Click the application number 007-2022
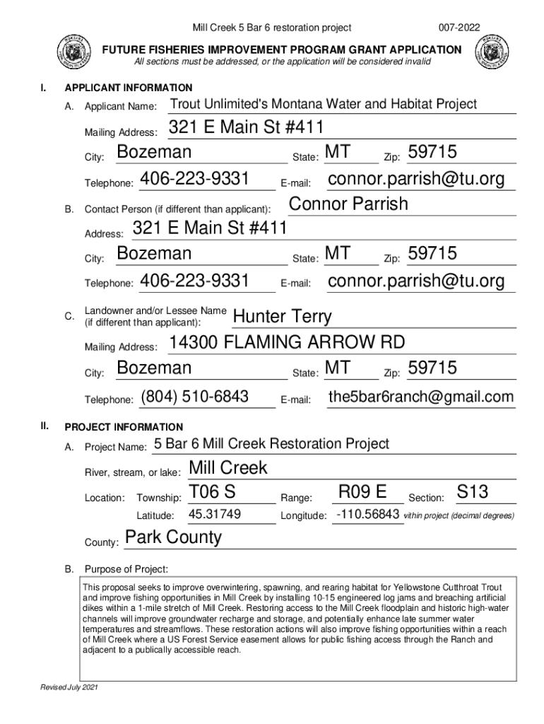coord(459,28)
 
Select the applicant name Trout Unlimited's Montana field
coord(324,105)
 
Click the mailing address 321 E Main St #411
coord(247,129)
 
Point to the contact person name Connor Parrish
coord(348,204)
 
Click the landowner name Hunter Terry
coord(282,316)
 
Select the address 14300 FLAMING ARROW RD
coord(287,344)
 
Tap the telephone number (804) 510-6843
coord(194,397)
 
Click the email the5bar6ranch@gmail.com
coord(420,397)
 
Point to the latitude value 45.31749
coord(215,515)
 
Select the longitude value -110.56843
coord(367,515)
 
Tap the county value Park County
coord(173,537)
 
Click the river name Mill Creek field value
coord(228,468)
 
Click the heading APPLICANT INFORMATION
coord(128,88)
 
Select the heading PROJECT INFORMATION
coord(124,427)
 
